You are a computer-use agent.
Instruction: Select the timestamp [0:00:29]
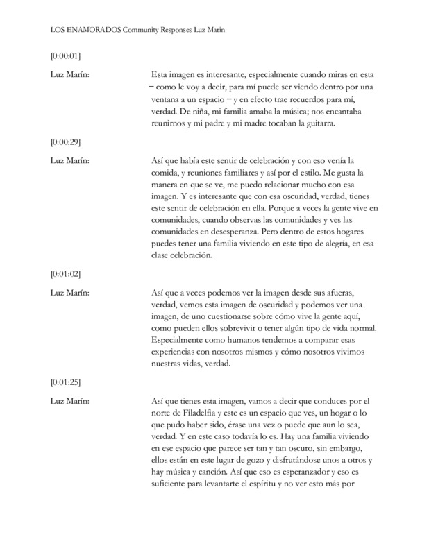click(x=66, y=142)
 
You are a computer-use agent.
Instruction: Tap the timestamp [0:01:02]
click(x=66, y=273)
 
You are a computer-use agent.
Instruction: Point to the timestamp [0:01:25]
click(x=66, y=382)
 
